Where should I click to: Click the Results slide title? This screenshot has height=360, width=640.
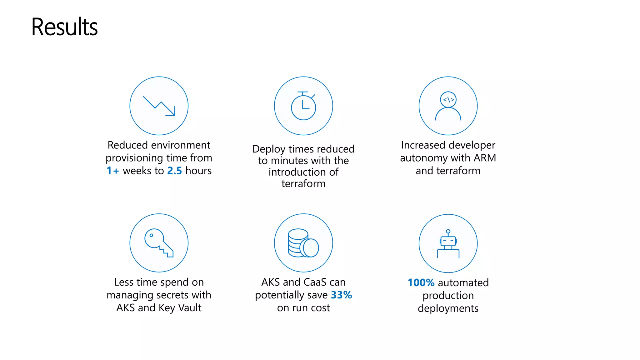(x=64, y=27)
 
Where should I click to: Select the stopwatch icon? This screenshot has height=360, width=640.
(x=303, y=106)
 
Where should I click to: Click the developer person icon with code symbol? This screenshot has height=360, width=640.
(x=448, y=106)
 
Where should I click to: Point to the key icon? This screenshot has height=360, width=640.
(x=159, y=243)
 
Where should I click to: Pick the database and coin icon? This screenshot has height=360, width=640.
(x=303, y=243)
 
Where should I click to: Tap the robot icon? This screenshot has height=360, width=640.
(x=448, y=243)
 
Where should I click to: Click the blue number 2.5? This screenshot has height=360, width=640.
(x=174, y=171)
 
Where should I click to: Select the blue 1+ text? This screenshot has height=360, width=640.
(x=113, y=171)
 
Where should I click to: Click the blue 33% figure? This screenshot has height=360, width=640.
(x=341, y=295)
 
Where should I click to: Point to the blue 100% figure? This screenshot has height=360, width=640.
(x=421, y=282)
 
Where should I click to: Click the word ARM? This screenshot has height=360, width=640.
(x=485, y=158)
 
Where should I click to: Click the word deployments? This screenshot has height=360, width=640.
(x=448, y=308)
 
